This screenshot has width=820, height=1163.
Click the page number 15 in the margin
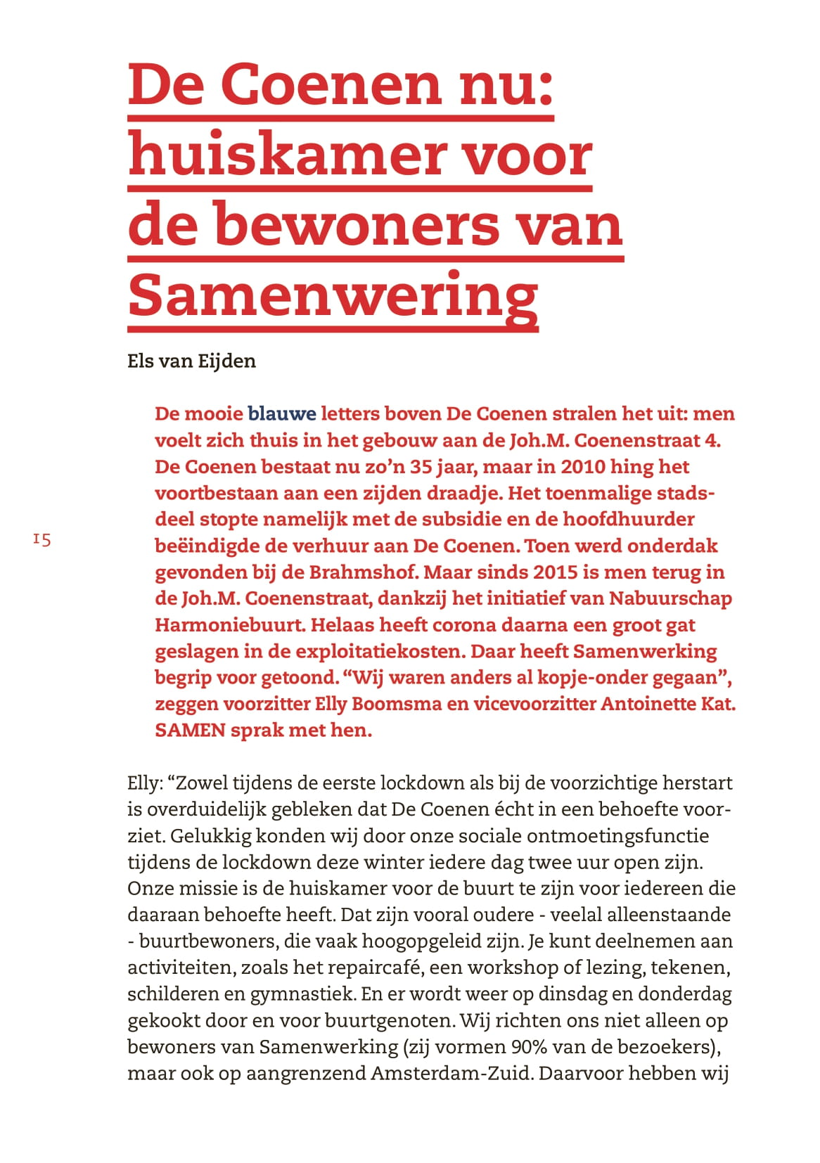click(41, 539)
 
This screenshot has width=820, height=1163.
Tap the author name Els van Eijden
click(191, 361)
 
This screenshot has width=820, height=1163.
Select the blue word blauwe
click(281, 413)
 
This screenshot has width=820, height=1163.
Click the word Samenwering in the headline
click(333, 295)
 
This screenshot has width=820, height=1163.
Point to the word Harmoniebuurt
click(230, 625)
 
